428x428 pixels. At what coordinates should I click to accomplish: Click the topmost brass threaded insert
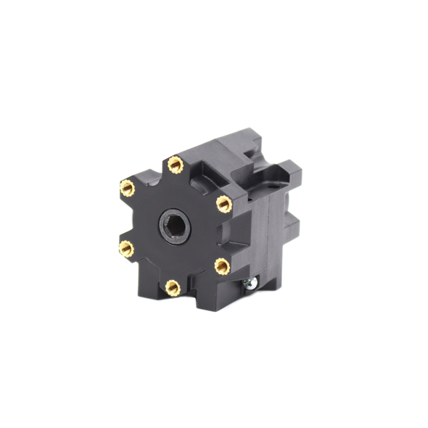pos(175,165)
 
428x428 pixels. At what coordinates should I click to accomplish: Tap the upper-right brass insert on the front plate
pos(224,205)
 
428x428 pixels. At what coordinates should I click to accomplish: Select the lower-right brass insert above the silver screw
pos(223,266)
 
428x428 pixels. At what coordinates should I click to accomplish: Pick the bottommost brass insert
pos(173,288)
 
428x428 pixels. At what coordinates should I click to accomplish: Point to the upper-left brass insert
pos(127,188)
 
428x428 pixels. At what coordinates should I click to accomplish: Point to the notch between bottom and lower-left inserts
pos(147,274)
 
